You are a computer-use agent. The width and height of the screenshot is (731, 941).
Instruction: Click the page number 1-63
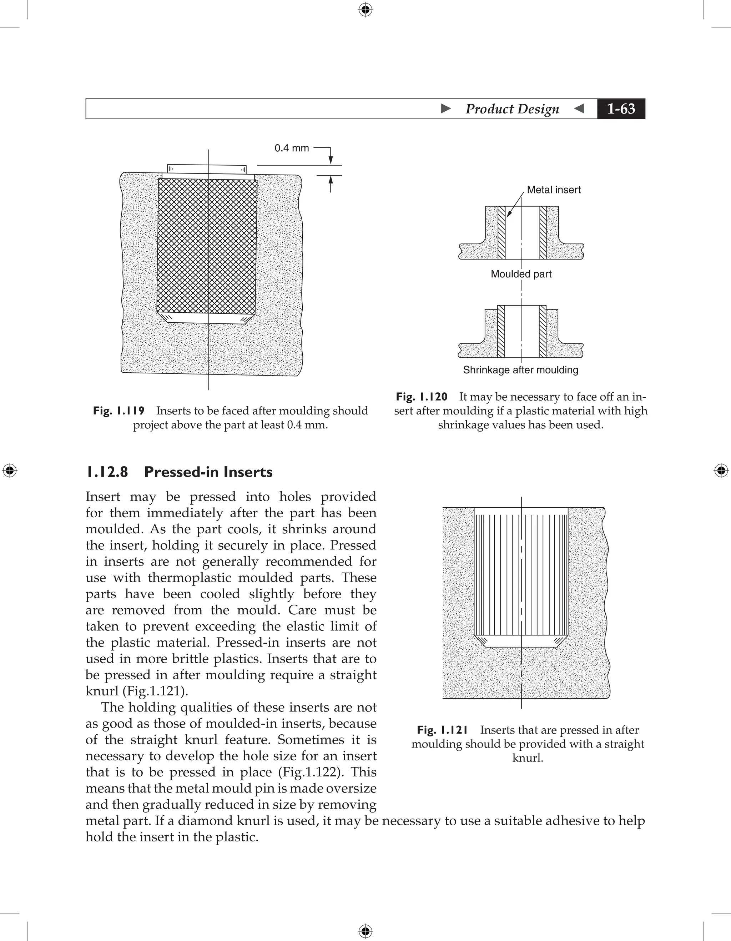coord(621,109)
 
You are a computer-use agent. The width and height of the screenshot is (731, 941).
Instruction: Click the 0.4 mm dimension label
coord(292,148)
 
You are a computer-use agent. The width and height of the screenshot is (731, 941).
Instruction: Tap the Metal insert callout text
coord(554,190)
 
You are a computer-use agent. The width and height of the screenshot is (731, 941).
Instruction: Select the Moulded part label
coord(521,274)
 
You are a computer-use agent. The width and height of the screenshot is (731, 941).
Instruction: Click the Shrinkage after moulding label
coord(520,370)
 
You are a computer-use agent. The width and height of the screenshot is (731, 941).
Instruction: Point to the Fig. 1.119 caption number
coord(119,411)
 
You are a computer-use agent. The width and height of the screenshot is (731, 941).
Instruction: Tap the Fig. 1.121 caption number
coord(442,730)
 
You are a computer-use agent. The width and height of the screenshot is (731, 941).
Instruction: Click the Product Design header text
coord(512,109)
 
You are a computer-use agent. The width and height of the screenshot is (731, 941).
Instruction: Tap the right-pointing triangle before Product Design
coord(446,109)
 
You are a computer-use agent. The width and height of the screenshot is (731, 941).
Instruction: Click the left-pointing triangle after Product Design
coord(579,109)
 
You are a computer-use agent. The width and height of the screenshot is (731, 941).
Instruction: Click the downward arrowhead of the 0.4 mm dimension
coord(331,161)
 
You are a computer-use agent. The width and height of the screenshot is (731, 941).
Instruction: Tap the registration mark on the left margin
coord(10,470)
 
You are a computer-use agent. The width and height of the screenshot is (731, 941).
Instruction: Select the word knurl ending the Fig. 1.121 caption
coord(527,758)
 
